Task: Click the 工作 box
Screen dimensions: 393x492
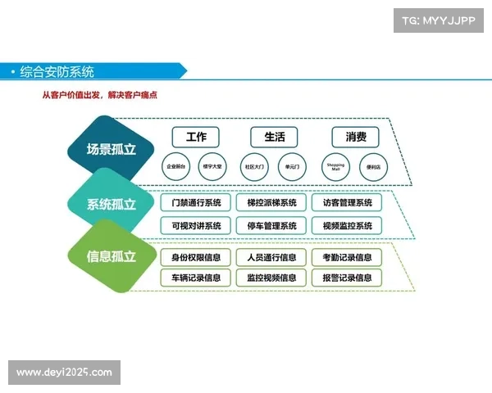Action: click(196, 137)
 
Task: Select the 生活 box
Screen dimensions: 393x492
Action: click(274, 137)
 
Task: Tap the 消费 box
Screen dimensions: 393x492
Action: click(356, 137)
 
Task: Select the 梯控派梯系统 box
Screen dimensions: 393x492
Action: click(271, 202)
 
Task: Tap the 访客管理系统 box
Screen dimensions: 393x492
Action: click(347, 202)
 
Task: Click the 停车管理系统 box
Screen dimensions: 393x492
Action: click(271, 225)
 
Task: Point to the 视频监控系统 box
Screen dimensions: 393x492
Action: click(347, 225)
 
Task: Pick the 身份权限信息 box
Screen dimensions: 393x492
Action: click(195, 257)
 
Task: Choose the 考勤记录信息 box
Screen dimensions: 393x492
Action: click(347, 257)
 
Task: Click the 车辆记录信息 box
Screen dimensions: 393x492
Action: click(195, 278)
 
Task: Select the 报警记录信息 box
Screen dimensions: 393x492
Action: click(347, 278)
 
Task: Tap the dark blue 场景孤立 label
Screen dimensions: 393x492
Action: click(112, 150)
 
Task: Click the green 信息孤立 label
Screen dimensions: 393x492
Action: click(112, 255)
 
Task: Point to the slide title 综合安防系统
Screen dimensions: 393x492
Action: click(57, 72)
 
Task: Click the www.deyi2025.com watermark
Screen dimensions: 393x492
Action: click(65, 373)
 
